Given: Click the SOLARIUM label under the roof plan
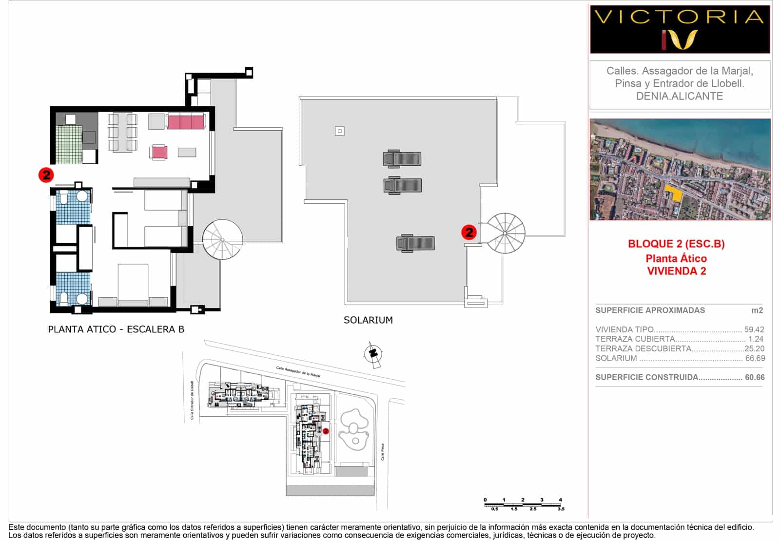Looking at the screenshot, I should (x=368, y=320).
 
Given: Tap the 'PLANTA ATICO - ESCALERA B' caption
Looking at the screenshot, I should (x=116, y=329).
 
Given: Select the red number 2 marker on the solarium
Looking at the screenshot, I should (x=469, y=232).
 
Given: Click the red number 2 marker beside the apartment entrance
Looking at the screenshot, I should (x=46, y=174).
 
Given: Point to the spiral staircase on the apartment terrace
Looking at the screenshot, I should (x=222, y=239).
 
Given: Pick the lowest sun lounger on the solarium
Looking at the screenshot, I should (x=415, y=243).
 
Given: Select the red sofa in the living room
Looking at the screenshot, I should (x=186, y=121).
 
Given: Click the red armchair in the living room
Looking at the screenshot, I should (x=159, y=153).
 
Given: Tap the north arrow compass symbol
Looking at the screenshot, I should (x=374, y=353).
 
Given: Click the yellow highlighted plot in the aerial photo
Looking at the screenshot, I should (x=675, y=193).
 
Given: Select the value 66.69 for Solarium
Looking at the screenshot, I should (x=755, y=358).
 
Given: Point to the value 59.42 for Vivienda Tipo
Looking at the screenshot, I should (x=754, y=329).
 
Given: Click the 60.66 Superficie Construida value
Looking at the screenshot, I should (x=755, y=377).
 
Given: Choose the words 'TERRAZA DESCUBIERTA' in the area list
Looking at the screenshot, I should (x=643, y=348).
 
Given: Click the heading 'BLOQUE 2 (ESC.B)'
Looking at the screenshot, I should (x=676, y=244).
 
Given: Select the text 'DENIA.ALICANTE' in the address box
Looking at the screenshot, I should (x=680, y=96).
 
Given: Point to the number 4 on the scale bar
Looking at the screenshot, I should (x=561, y=500).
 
